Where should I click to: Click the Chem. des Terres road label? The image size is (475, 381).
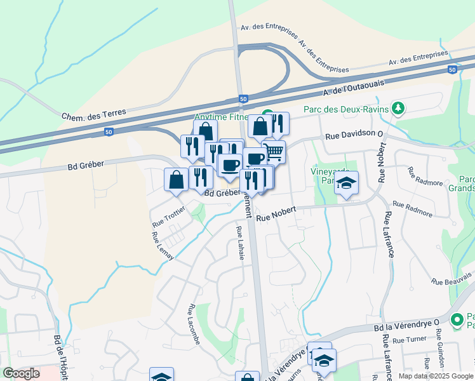(94, 115)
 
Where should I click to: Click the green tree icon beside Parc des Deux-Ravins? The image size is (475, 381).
(398, 108)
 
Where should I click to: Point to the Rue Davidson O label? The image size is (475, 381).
(355, 135)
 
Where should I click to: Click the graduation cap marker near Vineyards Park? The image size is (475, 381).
(346, 184)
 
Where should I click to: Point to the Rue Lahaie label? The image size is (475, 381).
(240, 242)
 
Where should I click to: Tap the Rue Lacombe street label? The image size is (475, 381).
(194, 324)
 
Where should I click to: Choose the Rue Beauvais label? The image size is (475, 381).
(452, 277)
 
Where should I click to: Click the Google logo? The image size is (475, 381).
(22, 373)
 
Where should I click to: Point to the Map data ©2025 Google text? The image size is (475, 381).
(435, 376)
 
